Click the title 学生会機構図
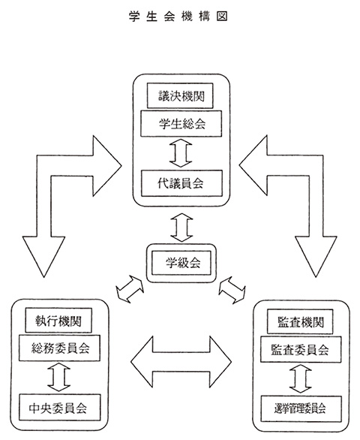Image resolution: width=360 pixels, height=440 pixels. [x=178, y=17]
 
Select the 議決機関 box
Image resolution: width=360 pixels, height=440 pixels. [x=180, y=95]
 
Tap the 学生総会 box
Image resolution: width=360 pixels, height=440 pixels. [x=181, y=123]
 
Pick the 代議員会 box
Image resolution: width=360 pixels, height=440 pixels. [x=181, y=183]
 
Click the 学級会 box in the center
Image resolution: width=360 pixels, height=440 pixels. [x=181, y=263]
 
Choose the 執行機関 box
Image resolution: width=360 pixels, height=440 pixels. [x=58, y=321]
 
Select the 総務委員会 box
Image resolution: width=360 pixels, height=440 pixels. [x=59, y=348]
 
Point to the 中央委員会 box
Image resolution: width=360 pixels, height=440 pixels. [x=59, y=408]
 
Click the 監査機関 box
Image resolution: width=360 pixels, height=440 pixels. [x=300, y=321]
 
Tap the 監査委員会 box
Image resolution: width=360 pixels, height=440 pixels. [x=301, y=350]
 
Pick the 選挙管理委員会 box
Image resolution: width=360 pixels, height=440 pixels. [x=301, y=409]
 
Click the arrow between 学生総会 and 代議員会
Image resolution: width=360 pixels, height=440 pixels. [x=181, y=153]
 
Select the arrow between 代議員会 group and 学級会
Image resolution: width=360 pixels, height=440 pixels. [x=181, y=228]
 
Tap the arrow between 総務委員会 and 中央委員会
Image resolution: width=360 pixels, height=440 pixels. [x=59, y=378]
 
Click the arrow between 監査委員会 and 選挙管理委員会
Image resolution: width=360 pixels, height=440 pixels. [x=301, y=379]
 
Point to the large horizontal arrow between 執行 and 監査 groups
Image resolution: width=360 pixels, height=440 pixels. [x=181, y=362]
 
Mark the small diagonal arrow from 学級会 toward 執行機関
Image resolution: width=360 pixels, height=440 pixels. [x=130, y=289]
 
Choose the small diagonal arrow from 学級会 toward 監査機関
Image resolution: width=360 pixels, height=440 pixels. [x=232, y=290]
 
